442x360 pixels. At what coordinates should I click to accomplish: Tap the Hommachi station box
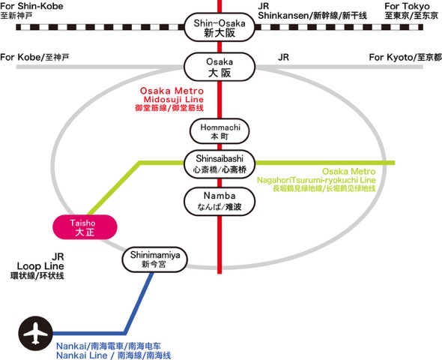coord(219,133)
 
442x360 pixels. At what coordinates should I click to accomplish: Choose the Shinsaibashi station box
coord(219,163)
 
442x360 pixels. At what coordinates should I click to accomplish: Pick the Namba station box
coord(219,199)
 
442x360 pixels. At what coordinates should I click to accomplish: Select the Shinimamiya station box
coord(156,259)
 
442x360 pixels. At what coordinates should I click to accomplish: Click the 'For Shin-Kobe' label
coord(32,6)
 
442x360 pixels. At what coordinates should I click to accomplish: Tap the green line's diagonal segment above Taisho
coord(112,187)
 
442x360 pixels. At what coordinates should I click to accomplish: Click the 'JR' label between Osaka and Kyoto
coord(283,57)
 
